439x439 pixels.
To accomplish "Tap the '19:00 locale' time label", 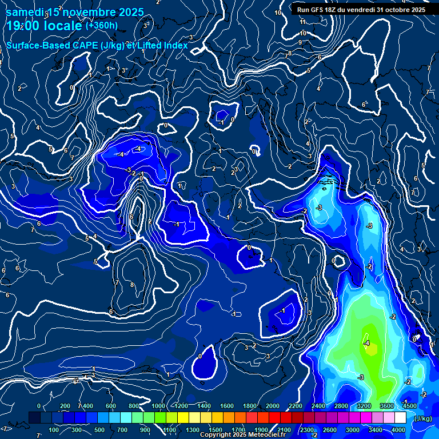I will [x=44, y=26].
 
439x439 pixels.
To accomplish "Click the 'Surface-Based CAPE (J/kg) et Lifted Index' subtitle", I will [x=97, y=45].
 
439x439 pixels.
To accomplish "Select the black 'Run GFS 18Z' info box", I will [x=361, y=9].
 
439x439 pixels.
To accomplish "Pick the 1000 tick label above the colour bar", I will [x=158, y=406].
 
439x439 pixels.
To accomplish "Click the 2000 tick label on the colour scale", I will [x=273, y=406].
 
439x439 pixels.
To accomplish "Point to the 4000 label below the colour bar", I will [x=398, y=430].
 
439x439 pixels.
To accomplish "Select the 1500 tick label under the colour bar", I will [x=215, y=430].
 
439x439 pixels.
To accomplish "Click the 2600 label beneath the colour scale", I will [x=330, y=430].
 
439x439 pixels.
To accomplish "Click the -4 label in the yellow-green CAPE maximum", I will [x=366, y=343].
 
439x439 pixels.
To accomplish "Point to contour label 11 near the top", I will [x=303, y=22].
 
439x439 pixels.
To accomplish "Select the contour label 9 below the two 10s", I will [x=300, y=42].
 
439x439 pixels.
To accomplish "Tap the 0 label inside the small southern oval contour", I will [x=200, y=356].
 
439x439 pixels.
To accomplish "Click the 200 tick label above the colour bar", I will [x=65, y=406].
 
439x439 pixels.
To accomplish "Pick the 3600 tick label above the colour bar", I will [x=387, y=406].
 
